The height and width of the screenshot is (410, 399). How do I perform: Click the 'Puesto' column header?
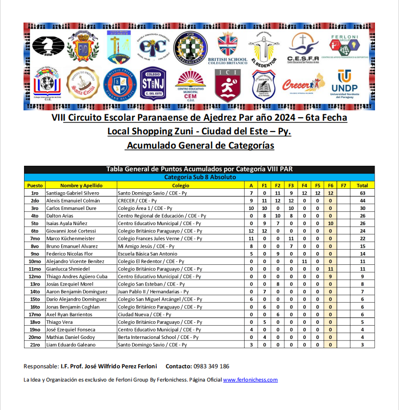[35, 185]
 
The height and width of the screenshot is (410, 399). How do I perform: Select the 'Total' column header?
[362, 185]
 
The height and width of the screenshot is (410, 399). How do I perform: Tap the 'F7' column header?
[343, 185]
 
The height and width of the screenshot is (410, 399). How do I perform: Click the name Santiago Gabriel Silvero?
[73, 193]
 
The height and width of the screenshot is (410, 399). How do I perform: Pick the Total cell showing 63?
[362, 193]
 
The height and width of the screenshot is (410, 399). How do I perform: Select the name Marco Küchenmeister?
[70, 239]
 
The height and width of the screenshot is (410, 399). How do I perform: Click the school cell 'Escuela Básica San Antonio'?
[148, 254]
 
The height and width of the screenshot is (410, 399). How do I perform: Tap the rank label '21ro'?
[35, 345]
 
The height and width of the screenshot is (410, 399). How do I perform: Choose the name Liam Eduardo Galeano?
[71, 345]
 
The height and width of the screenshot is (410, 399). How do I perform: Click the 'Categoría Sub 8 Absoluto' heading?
[200, 177]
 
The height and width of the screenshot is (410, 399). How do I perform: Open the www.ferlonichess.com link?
[250, 380]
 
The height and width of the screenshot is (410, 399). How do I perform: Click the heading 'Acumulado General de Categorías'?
[199, 146]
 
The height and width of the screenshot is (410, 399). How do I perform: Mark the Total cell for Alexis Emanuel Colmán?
[362, 201]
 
